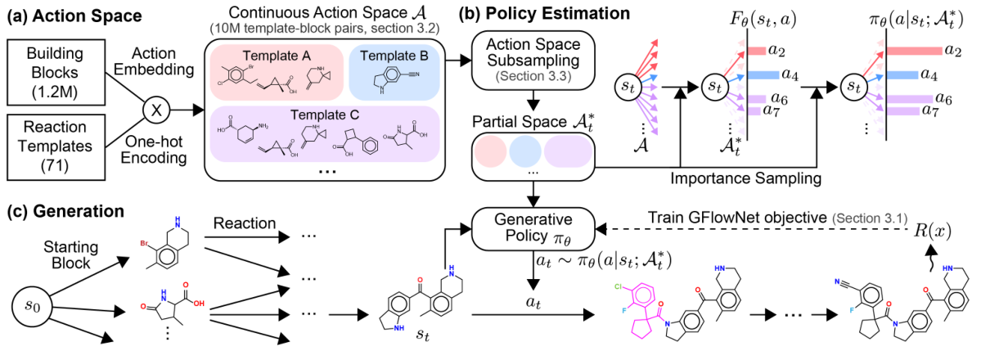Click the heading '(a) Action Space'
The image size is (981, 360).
pos(71,14)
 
